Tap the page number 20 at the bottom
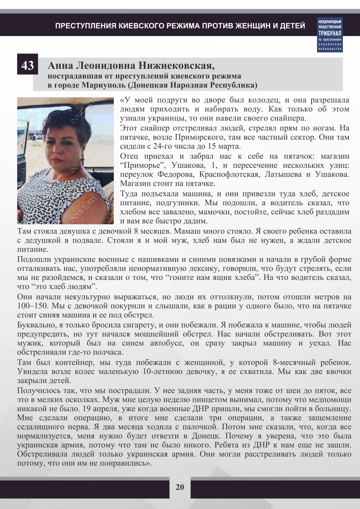180,487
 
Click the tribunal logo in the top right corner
330,35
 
